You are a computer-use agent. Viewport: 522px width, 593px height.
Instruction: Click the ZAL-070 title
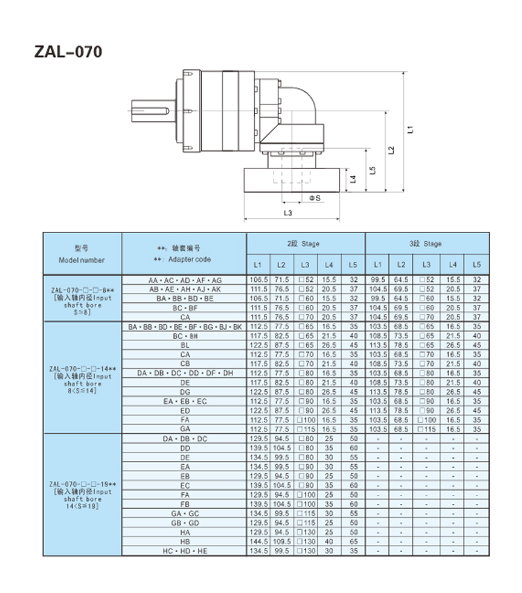pos(68,52)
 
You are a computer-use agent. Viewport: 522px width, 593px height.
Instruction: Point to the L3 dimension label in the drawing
pos(288,212)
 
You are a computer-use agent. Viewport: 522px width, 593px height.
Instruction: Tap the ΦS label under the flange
pos(315,198)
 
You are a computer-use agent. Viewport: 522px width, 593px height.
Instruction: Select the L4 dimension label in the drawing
pos(354,179)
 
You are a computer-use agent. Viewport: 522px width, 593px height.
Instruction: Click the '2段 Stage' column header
pos(305,244)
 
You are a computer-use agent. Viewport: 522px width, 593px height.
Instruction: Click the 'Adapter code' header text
pos(184,259)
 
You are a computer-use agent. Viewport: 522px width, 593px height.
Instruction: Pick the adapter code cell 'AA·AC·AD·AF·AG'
pos(184,280)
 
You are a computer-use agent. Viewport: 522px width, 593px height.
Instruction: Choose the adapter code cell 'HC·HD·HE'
pos(184,551)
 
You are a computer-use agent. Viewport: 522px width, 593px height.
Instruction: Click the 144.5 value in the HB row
pos(257,541)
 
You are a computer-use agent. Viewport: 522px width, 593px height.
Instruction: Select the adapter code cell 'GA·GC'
pos(184,513)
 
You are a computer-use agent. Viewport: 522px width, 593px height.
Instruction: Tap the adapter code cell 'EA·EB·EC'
pos(184,402)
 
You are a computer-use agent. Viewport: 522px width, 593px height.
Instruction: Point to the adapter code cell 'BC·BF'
pos(184,308)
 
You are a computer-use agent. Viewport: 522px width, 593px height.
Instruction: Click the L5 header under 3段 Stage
pos(477,264)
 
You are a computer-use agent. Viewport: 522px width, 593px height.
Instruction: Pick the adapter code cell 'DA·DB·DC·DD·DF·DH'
pos(184,373)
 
